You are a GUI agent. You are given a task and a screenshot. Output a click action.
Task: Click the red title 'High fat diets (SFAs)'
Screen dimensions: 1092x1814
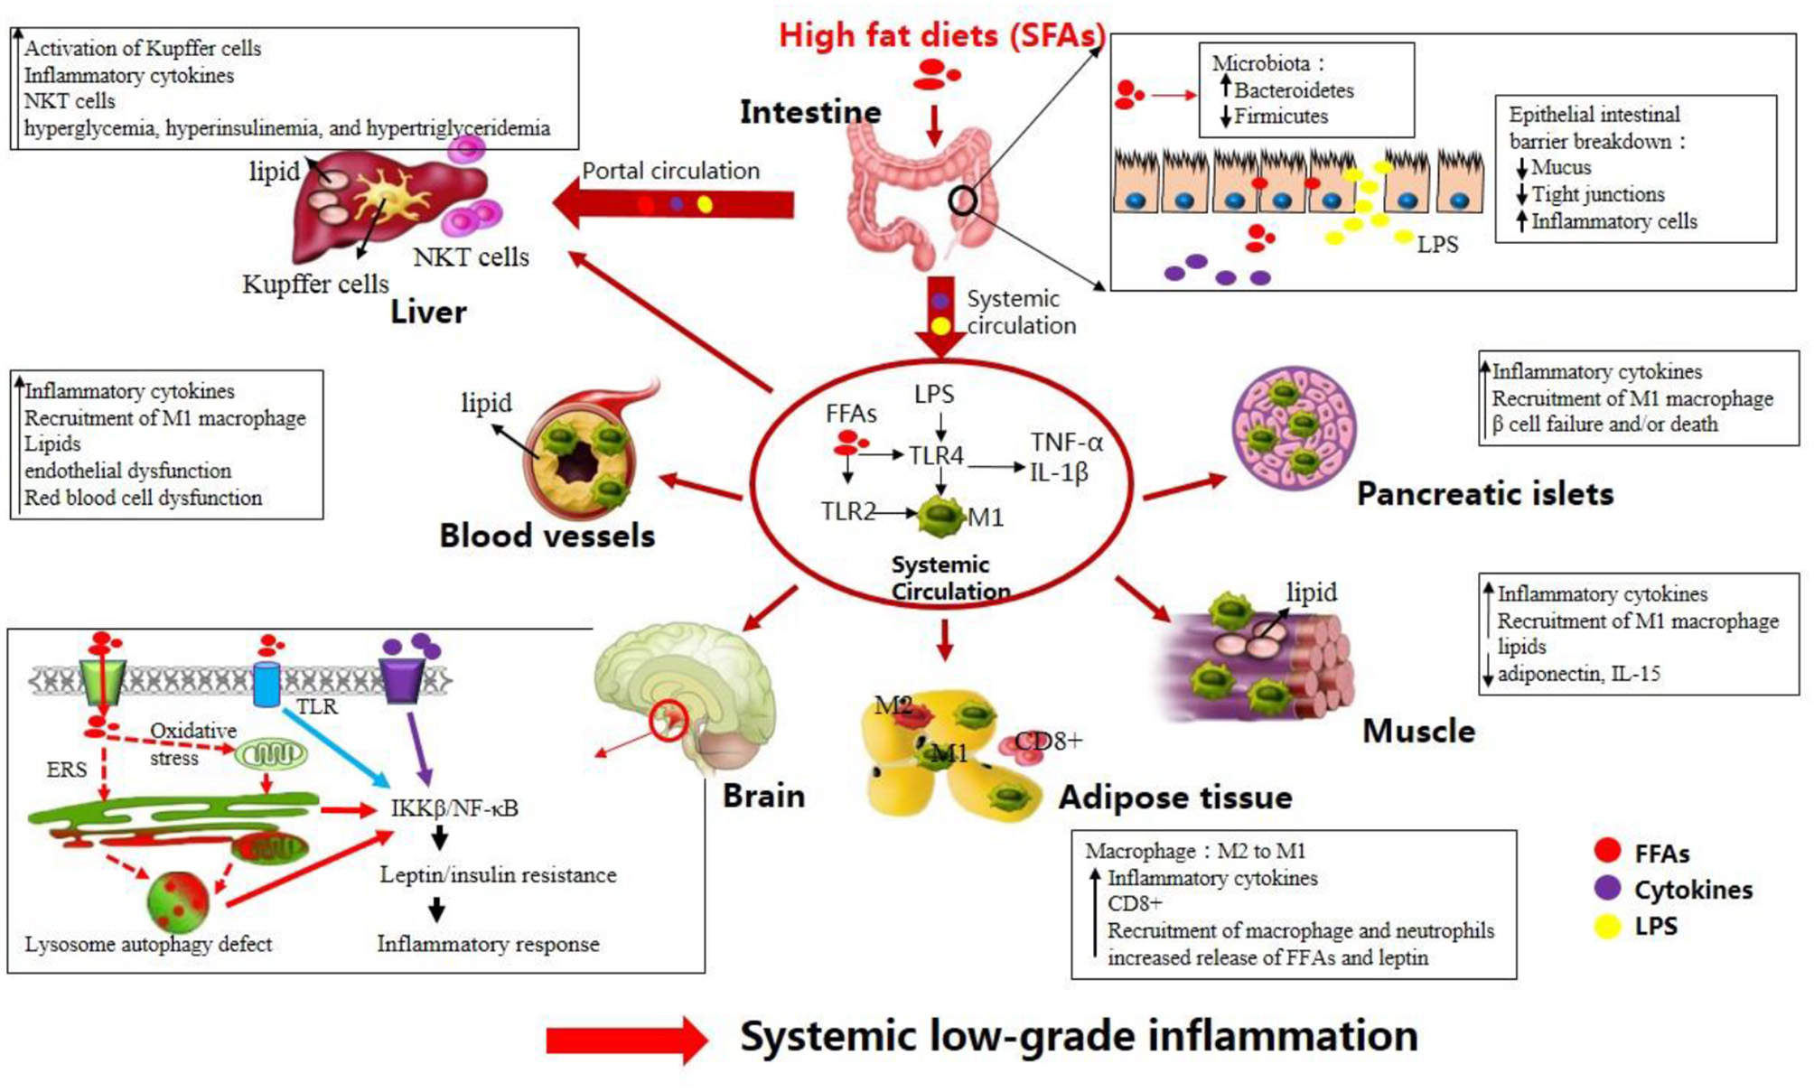[941, 35]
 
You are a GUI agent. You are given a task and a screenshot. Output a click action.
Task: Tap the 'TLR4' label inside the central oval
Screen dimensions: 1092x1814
[936, 456]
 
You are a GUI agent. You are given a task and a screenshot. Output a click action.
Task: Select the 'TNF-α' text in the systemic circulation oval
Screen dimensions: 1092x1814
[1067, 442]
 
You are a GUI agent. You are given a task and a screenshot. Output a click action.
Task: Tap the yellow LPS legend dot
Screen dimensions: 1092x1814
[1607, 926]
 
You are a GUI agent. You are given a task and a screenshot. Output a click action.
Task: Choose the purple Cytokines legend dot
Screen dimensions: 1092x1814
[1607, 889]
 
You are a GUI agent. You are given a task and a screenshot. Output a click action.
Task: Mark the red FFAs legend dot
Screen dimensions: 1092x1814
[1607, 851]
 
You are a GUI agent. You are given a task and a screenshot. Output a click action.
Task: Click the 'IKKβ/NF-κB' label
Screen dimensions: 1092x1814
[454, 807]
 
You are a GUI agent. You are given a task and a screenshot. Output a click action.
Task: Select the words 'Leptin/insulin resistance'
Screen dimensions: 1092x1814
[498, 874]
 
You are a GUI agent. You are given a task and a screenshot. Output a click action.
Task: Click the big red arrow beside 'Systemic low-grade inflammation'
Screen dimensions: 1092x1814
[626, 1041]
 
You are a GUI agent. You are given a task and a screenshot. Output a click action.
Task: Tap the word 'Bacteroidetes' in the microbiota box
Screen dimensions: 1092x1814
[1294, 90]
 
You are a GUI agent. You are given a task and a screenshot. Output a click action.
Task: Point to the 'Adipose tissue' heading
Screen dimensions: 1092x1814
[1174, 797]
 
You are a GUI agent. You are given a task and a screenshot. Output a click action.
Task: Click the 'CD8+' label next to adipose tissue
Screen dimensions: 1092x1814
[1048, 741]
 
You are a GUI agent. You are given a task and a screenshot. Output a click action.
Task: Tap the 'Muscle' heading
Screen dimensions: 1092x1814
[1418, 731]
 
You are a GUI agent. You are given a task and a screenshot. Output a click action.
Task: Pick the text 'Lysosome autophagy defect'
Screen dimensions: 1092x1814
[148, 944]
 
